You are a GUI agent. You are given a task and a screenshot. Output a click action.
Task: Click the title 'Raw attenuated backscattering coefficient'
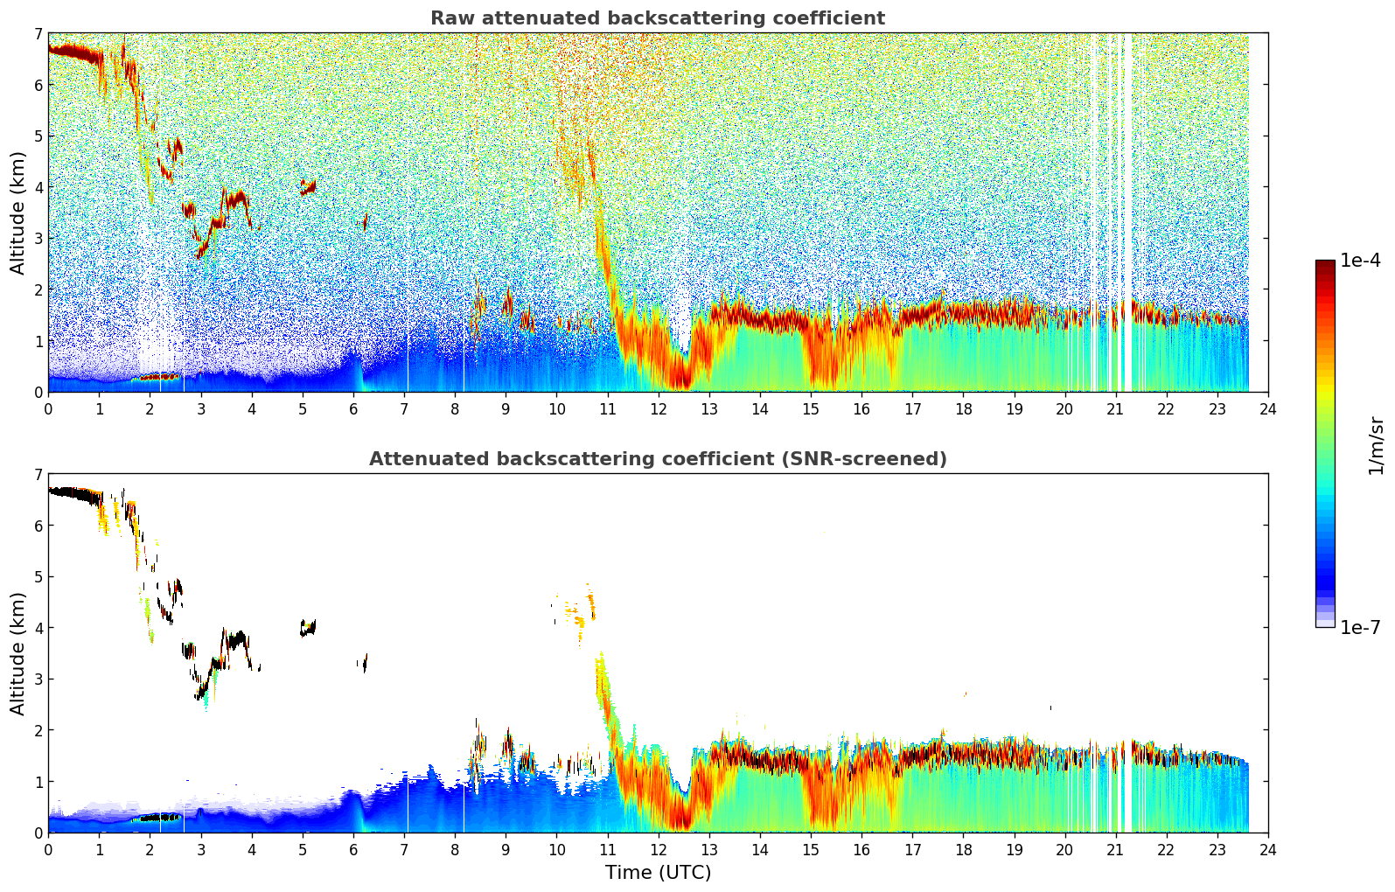(x=657, y=18)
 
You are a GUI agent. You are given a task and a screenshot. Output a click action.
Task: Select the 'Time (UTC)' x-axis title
(x=658, y=873)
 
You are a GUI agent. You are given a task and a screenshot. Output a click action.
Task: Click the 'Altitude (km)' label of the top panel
(x=18, y=213)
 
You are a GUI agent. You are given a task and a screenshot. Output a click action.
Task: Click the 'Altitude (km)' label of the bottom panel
(x=18, y=653)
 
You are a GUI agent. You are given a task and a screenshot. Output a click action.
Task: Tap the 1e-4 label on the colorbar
(x=1360, y=261)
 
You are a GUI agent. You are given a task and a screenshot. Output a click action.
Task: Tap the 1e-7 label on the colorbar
(x=1360, y=627)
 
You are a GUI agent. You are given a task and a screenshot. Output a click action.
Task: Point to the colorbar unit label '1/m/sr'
(x=1376, y=445)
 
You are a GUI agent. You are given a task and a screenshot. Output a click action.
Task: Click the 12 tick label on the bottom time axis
(x=658, y=850)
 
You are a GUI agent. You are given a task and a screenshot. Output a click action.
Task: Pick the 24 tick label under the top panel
(x=1267, y=409)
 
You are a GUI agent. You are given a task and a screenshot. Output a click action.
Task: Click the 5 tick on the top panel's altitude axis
(x=38, y=136)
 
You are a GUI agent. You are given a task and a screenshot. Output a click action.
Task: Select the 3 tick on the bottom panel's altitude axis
(x=38, y=679)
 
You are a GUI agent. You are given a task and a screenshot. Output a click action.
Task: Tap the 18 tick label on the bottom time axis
(x=963, y=850)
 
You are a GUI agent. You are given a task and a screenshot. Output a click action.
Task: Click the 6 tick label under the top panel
(x=353, y=409)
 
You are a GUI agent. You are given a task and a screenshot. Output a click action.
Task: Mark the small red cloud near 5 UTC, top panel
(x=307, y=187)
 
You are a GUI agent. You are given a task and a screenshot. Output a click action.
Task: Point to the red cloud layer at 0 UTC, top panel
(x=70, y=52)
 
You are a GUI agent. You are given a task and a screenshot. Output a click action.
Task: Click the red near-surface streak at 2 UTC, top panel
(x=157, y=377)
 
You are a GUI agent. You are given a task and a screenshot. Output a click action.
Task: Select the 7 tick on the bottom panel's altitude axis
(x=38, y=475)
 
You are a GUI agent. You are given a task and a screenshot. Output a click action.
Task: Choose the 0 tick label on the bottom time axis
(x=48, y=850)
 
